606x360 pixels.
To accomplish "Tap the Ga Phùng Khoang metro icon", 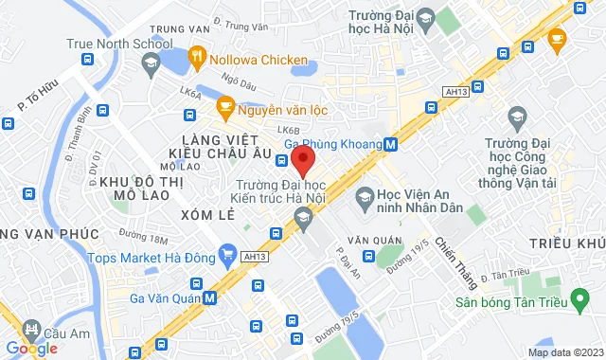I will tap(391, 145).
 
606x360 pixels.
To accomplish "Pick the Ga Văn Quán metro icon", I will tap(209, 297).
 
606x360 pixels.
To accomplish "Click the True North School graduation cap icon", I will tap(150, 63).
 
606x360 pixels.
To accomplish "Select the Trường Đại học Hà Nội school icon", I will tap(424, 19).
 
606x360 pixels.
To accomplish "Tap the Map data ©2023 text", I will tap(564, 352).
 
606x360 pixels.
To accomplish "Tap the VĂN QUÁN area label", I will tap(368, 240).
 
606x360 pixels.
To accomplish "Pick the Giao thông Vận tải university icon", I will tap(516, 117).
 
